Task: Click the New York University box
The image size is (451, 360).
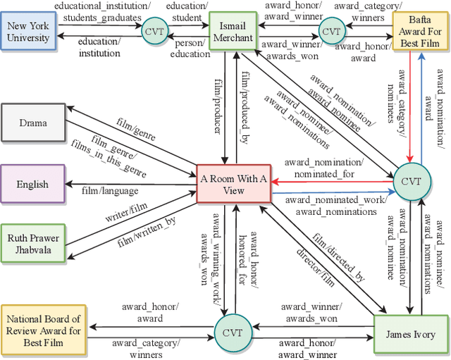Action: (x=28, y=32)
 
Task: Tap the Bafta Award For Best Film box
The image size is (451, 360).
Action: (x=421, y=32)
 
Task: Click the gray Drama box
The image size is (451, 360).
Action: (x=32, y=123)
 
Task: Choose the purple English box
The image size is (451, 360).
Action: (x=32, y=185)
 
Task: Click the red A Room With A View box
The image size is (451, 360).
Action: (x=233, y=185)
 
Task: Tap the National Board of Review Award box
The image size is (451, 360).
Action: (x=42, y=325)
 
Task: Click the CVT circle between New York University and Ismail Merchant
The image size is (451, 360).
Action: (x=154, y=32)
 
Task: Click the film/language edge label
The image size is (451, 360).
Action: (x=110, y=190)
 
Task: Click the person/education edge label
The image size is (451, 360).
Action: (x=192, y=48)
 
